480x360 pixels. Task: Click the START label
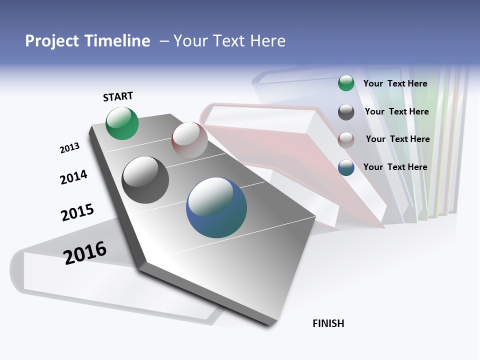pos(118,96)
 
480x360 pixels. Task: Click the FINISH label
pos(328,323)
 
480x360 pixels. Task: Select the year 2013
pos(69,148)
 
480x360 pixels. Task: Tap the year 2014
pos(73,177)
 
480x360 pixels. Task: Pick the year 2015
pos(77,212)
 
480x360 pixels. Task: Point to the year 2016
pos(85,253)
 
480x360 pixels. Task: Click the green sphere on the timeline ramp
pos(122,123)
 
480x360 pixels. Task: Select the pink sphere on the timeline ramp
pos(189,139)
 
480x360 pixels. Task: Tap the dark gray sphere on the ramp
pos(145,179)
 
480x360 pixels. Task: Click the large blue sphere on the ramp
pos(216,207)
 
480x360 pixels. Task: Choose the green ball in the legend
pos(346,83)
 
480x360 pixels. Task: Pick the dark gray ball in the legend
pos(346,112)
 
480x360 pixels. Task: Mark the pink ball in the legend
pos(346,139)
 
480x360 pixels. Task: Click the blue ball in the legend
pos(346,167)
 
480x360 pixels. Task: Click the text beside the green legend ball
pos(395,84)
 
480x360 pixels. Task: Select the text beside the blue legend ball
pos(395,167)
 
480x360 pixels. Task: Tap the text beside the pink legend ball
pos(397,139)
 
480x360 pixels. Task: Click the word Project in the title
pos(52,41)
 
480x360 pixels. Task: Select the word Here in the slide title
pos(267,41)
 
